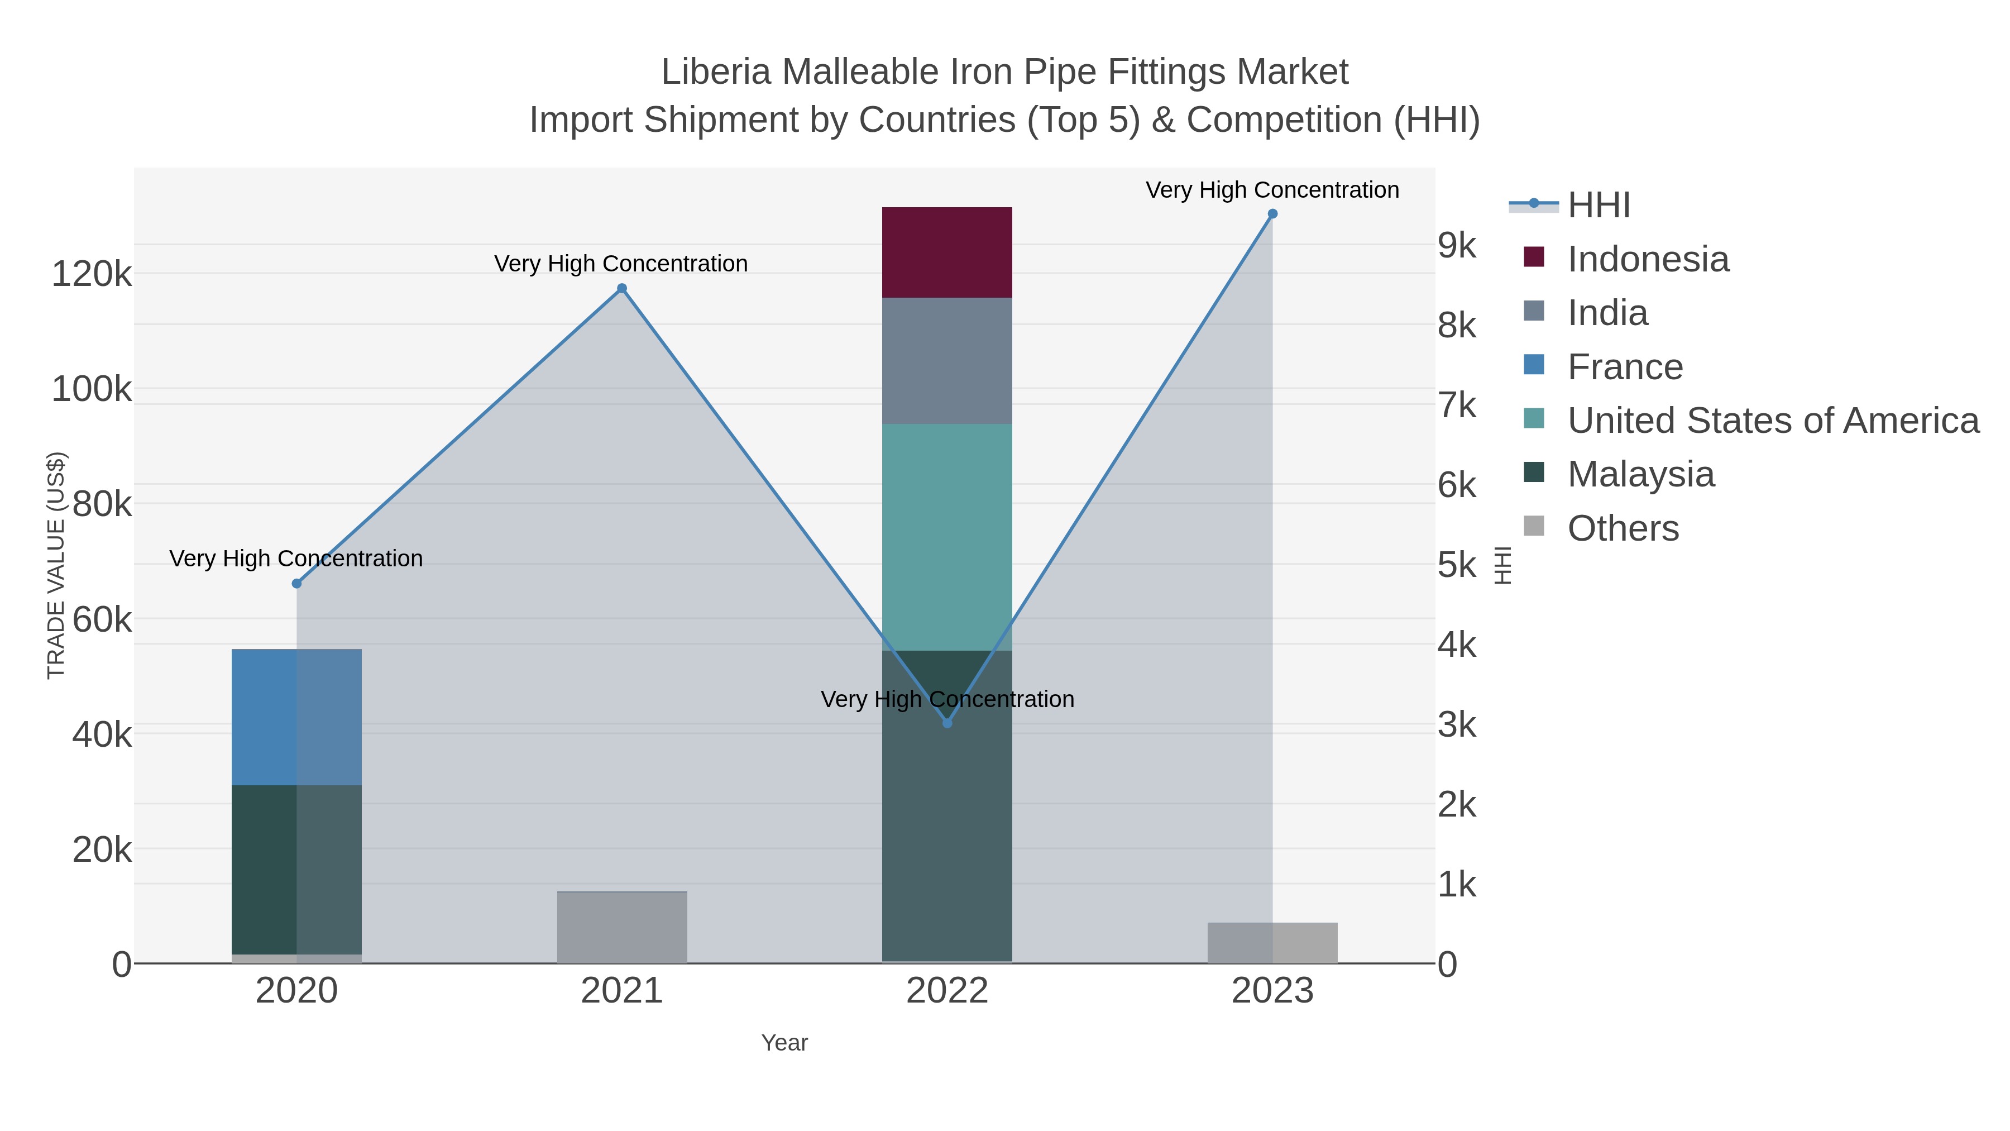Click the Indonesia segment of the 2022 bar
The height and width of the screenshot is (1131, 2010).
(946, 252)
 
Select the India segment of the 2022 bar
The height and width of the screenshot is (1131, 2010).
(946, 361)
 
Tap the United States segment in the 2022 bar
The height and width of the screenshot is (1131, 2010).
(946, 537)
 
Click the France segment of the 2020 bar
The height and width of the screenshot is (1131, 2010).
(296, 717)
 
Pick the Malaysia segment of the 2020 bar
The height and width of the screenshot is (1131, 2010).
(296, 868)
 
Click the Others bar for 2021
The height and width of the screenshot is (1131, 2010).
(622, 927)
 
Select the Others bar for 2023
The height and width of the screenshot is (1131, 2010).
(1272, 943)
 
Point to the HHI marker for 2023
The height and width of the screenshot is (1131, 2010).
(1272, 214)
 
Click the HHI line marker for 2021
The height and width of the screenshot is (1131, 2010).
(622, 289)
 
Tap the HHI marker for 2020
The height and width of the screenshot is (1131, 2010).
(296, 584)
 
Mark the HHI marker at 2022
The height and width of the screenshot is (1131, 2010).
(947, 723)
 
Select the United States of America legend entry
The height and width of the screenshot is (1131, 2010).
(1772, 421)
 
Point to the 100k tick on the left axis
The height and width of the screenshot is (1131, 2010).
(92, 389)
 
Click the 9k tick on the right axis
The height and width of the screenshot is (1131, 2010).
(1457, 246)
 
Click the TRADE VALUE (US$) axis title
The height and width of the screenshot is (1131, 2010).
(56, 565)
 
